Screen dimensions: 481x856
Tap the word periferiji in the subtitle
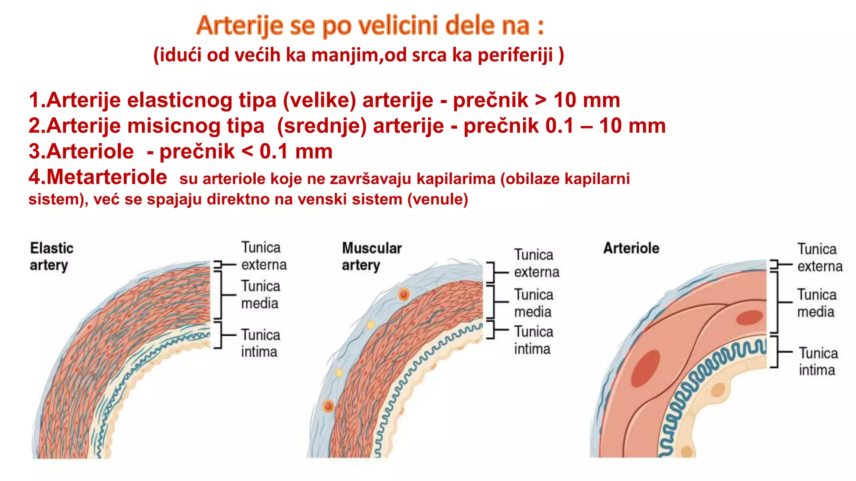coord(515,55)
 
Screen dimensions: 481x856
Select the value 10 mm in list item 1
coord(586,100)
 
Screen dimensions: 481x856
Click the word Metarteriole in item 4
coord(98,177)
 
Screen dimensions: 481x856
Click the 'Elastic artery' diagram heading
coord(51,256)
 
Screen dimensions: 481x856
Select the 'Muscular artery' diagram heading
coord(372,256)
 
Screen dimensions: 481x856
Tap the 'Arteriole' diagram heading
coord(631,248)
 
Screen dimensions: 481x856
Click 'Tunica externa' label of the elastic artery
coord(263,256)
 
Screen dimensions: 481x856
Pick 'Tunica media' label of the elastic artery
coord(260,294)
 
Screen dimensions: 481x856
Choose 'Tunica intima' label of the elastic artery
coord(260,343)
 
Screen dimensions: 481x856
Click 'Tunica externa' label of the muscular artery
coord(536,263)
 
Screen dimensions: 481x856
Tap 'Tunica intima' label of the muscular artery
coord(533,340)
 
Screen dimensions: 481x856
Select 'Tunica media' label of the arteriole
coord(816,303)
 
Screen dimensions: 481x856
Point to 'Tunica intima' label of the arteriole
coord(818,362)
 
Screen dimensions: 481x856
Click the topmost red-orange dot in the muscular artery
coord(403,294)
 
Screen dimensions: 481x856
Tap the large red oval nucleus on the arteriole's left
coord(645,368)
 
